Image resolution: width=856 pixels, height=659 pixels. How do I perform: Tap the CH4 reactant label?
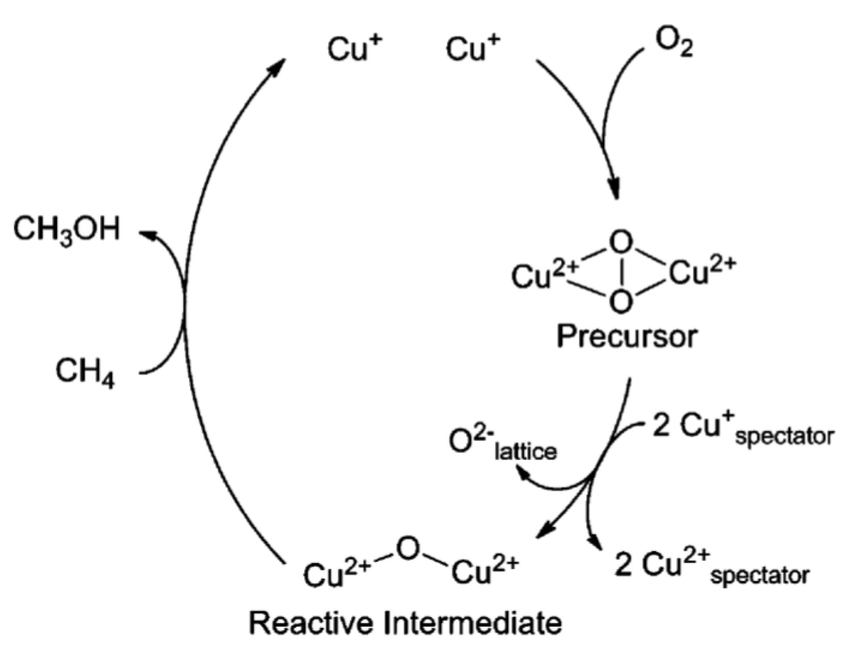pyautogui.click(x=85, y=372)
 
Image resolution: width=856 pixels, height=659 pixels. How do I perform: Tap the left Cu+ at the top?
pyautogui.click(x=354, y=49)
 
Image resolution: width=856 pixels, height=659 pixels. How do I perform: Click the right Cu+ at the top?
pyautogui.click(x=473, y=49)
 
